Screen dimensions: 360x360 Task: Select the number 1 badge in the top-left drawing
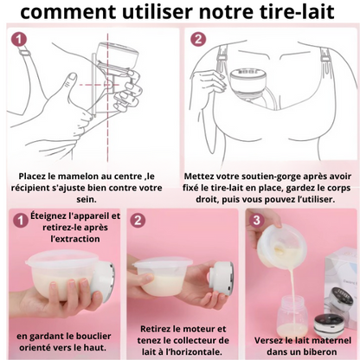[x=19, y=40]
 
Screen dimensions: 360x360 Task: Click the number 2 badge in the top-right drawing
[x=198, y=40]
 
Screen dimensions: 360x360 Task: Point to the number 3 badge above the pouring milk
[x=256, y=221]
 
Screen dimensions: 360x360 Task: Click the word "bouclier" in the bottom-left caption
[x=94, y=336]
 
